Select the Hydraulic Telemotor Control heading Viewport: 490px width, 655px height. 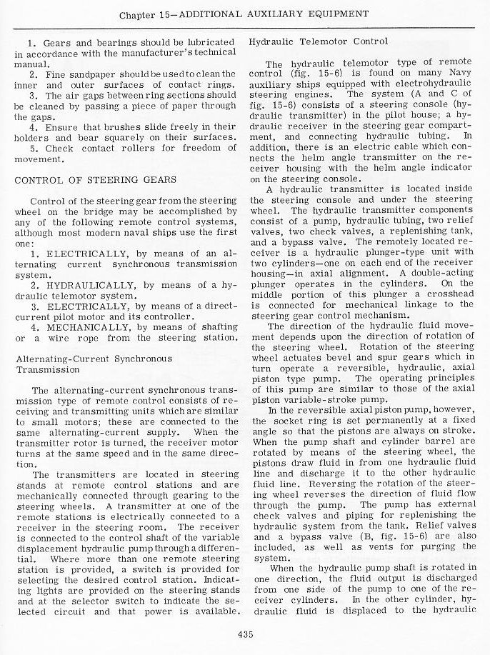(319, 41)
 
